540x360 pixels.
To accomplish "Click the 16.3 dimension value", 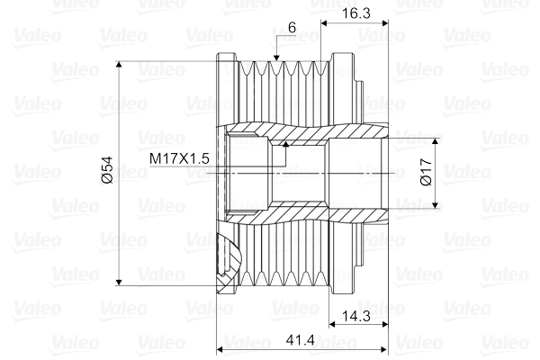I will pos(354,13).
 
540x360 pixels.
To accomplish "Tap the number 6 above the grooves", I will pos(292,28).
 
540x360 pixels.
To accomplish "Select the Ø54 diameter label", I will pos(107,170).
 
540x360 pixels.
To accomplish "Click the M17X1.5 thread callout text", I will pos(179,158).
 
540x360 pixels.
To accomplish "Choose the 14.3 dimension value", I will pos(354,315).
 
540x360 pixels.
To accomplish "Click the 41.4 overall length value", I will pos(301,340).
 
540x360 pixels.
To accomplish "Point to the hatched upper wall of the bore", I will pos(297,133).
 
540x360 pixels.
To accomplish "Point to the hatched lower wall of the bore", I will pos(297,214).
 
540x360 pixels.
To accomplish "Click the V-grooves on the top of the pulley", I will pos(283,72).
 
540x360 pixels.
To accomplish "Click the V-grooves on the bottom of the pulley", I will pos(283,270).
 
